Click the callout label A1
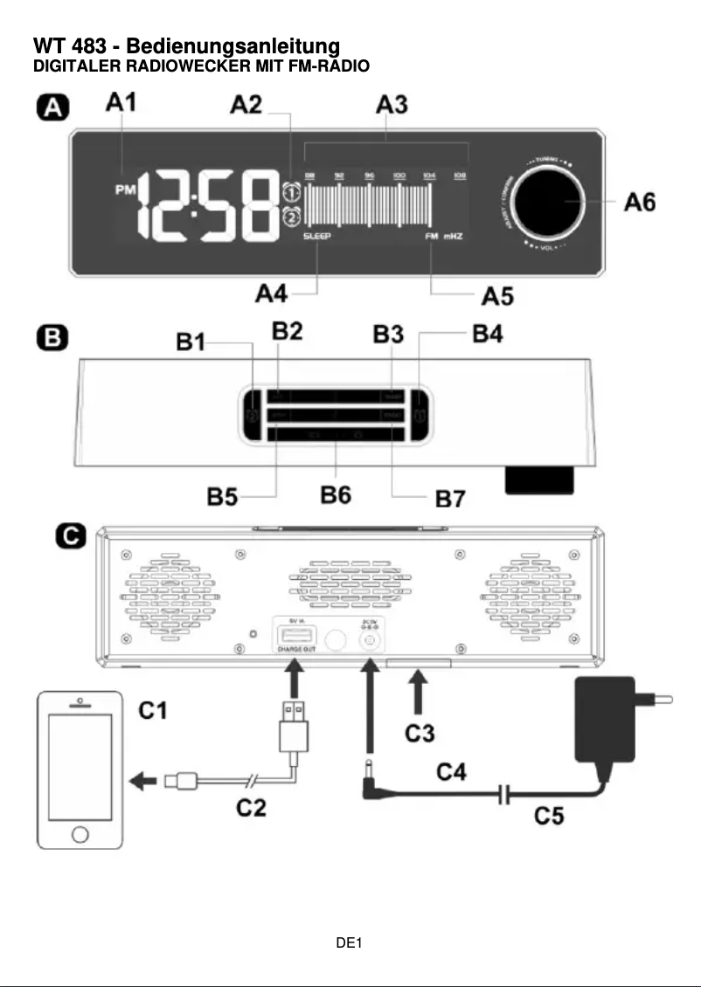[121, 103]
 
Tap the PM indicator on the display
[125, 190]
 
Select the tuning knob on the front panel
[549, 201]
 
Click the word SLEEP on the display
[318, 237]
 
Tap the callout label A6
[640, 203]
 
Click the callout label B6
[336, 495]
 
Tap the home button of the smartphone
[80, 832]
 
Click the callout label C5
[549, 817]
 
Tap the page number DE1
[350, 943]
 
